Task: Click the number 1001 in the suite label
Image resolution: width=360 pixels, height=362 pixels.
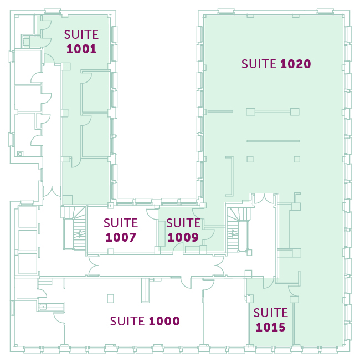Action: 81,49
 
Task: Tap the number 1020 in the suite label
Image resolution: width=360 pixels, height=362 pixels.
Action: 296,64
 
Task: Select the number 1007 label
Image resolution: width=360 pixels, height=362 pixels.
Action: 121,237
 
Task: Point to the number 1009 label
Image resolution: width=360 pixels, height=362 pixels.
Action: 183,237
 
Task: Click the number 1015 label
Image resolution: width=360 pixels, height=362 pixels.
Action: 271,327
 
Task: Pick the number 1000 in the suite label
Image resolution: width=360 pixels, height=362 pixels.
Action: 164,321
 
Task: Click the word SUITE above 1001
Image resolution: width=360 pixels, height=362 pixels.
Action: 81,34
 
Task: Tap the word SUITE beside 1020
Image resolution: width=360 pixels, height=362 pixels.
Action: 259,64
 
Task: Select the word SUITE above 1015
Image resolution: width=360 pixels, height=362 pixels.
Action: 271,313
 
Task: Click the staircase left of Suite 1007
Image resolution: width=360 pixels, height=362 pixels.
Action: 74,228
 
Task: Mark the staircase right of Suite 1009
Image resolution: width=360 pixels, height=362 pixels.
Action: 239,230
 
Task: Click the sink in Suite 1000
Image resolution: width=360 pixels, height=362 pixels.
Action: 43,307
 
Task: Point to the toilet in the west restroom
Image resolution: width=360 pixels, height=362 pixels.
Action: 20,154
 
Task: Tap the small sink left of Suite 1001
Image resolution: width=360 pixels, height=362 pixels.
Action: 26,42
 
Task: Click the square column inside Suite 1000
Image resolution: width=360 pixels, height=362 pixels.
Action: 110,298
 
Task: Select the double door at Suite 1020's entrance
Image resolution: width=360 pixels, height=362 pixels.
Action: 264,199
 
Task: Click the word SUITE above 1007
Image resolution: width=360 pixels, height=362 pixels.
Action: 121,223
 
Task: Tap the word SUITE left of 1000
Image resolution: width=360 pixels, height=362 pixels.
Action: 127,321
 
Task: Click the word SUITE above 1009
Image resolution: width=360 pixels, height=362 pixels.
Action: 183,223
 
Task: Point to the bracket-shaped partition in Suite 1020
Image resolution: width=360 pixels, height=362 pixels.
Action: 232,176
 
